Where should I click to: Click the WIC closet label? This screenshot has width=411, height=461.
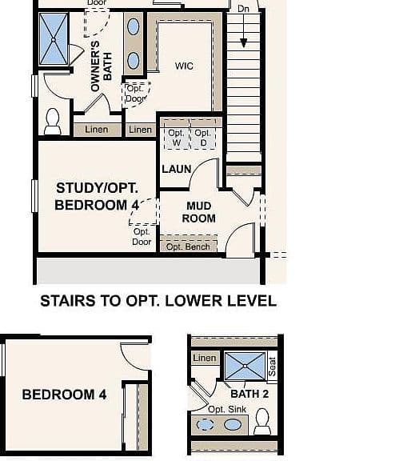(x=184, y=66)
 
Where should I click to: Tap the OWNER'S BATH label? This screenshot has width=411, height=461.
(x=102, y=66)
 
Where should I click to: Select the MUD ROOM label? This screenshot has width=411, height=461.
(x=199, y=212)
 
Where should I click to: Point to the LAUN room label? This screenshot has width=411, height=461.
(x=177, y=169)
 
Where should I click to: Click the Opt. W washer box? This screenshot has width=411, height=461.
(x=177, y=138)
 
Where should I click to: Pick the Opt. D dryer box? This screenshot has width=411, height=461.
(x=203, y=138)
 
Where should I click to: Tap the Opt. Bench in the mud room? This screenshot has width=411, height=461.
(x=189, y=244)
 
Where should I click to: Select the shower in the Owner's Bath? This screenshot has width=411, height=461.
(x=54, y=39)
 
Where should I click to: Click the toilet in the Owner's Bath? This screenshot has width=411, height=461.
(x=53, y=122)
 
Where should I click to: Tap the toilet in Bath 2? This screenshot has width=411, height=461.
(x=262, y=421)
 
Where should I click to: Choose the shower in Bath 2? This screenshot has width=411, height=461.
(x=245, y=366)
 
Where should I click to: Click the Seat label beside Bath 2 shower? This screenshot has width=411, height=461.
(x=273, y=367)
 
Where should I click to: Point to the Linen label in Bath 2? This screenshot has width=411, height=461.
(x=205, y=358)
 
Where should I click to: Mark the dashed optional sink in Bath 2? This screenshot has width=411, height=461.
(x=205, y=424)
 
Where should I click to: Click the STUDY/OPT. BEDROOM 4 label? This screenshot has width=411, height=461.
(x=97, y=196)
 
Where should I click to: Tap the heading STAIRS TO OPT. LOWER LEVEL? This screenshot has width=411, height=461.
(x=158, y=301)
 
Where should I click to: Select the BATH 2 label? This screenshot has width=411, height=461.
(x=249, y=394)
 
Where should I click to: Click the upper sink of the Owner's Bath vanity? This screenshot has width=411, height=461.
(x=134, y=26)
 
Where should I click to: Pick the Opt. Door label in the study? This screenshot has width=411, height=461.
(x=142, y=237)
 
